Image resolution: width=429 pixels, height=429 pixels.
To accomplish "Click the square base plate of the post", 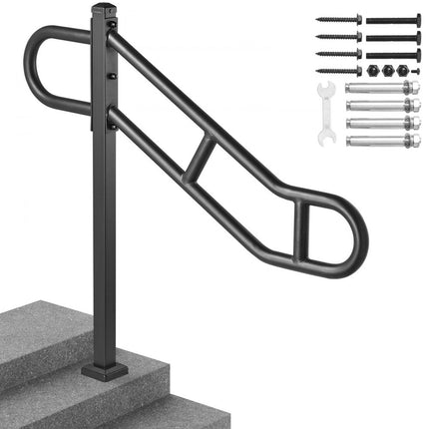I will (x=104, y=369).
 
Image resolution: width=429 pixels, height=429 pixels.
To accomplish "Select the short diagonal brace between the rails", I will (x=201, y=159).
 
